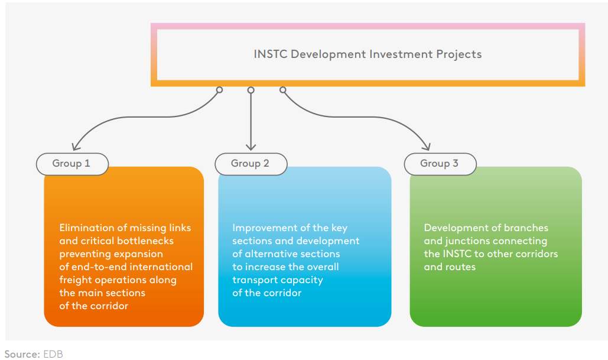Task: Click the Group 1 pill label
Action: pyautogui.click(x=72, y=164)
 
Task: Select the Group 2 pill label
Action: pyautogui.click(x=251, y=164)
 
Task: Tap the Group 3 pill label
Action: pyautogui.click(x=440, y=164)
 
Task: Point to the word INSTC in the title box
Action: pyautogui.click(x=271, y=54)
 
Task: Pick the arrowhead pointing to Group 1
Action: pyautogui.click(x=76, y=147)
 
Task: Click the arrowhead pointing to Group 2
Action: pyautogui.click(x=251, y=147)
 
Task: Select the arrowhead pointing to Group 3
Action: pyautogui.click(x=427, y=147)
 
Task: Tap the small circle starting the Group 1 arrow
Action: pyautogui.click(x=219, y=90)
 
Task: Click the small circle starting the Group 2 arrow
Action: pyautogui.click(x=251, y=90)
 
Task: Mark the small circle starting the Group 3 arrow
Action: pyautogui.click(x=282, y=90)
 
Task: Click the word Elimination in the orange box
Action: pyautogui.click(x=86, y=228)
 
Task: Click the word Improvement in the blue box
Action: pyautogui.click(x=259, y=228)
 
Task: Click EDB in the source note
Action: pyautogui.click(x=53, y=354)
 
